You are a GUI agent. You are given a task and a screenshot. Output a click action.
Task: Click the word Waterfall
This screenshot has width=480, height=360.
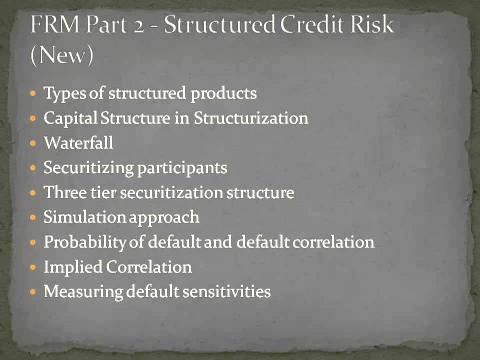pyautogui.click(x=78, y=143)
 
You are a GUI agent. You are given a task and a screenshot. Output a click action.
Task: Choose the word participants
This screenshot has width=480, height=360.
pyautogui.click(x=182, y=168)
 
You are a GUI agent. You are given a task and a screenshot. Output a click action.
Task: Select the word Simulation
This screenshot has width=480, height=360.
pyautogui.click(x=84, y=217)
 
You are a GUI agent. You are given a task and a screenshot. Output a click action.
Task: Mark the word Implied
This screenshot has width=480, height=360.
pyautogui.click(x=73, y=267)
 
